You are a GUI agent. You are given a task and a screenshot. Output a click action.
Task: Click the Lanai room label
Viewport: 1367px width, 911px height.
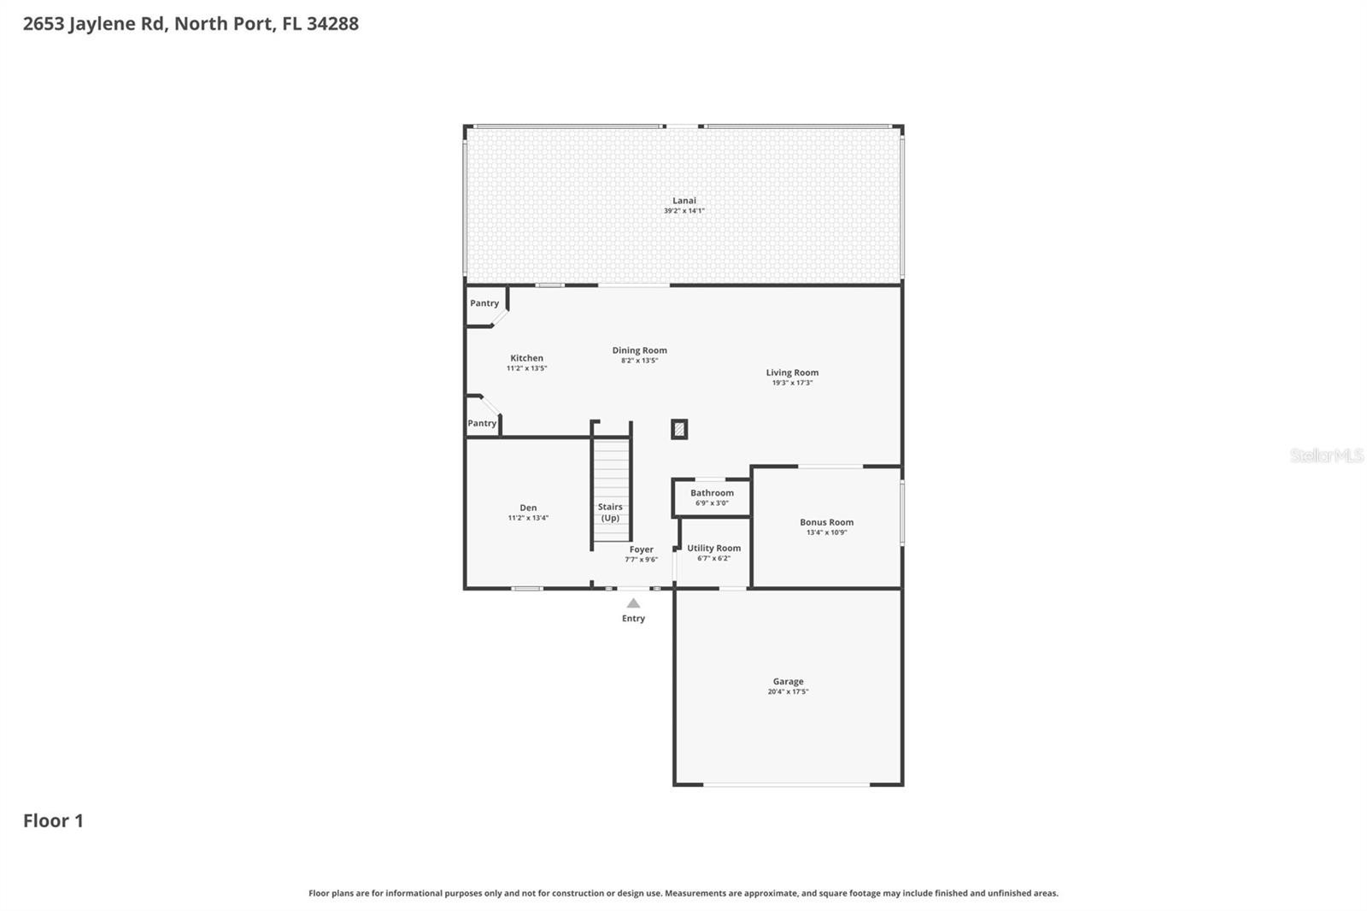pyautogui.click(x=684, y=200)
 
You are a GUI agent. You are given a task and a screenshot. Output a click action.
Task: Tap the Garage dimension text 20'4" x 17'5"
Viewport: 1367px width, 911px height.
pyautogui.click(x=788, y=692)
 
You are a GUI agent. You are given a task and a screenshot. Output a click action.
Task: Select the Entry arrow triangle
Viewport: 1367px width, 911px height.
pyautogui.click(x=633, y=603)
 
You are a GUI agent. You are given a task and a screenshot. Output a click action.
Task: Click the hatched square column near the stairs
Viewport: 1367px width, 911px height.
pyautogui.click(x=679, y=429)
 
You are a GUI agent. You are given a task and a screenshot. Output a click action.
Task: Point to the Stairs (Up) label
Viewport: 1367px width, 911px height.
pyautogui.click(x=610, y=512)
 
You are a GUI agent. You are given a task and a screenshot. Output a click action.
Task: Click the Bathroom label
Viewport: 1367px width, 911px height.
pyautogui.click(x=713, y=493)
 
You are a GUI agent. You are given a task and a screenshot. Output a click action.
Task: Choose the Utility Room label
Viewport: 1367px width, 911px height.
pyautogui.click(x=714, y=549)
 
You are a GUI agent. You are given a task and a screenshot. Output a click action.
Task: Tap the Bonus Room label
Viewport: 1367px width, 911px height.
pyautogui.click(x=827, y=522)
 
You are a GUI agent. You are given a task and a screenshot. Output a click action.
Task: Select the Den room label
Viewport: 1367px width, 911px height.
pyautogui.click(x=529, y=508)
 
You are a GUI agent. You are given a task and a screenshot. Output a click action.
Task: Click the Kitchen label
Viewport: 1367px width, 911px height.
pyautogui.click(x=526, y=358)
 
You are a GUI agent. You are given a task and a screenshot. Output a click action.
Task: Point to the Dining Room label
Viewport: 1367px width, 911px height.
pyautogui.click(x=640, y=350)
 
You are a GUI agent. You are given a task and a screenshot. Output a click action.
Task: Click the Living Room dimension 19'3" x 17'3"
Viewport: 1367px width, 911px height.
pyautogui.click(x=792, y=383)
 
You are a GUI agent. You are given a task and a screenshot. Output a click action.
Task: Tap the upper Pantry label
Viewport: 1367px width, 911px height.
pyautogui.click(x=484, y=303)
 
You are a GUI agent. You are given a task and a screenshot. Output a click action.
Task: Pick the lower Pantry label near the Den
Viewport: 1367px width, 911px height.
pyautogui.click(x=482, y=423)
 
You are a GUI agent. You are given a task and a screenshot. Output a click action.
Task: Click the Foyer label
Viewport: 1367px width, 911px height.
pyautogui.click(x=642, y=550)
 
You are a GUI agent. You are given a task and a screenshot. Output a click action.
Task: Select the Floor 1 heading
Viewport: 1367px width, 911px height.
pyautogui.click(x=53, y=820)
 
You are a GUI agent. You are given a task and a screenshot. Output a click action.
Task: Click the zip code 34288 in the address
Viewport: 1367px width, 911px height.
pyautogui.click(x=332, y=24)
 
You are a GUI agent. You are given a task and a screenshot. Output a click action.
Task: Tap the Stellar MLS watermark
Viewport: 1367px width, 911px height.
pyautogui.click(x=1327, y=455)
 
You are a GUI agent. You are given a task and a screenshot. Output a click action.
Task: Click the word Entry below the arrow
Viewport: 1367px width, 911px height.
pyautogui.click(x=633, y=619)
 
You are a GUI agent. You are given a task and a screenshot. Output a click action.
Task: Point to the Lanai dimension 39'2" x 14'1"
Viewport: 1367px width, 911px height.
pyautogui.click(x=684, y=210)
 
